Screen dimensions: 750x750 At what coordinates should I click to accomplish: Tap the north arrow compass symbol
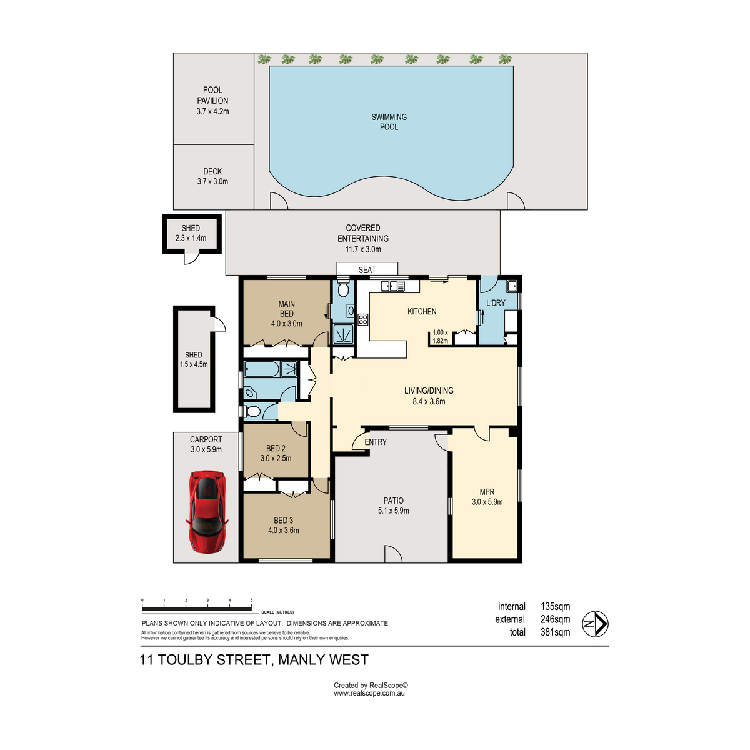click(595, 624)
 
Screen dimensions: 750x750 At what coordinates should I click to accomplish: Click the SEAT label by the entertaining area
click(367, 270)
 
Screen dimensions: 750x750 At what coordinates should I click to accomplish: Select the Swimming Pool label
click(389, 122)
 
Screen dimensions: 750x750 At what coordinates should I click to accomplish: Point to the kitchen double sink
click(393, 286)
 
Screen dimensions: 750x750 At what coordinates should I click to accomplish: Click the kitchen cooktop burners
click(362, 320)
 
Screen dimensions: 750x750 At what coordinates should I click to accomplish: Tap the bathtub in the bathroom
click(261, 369)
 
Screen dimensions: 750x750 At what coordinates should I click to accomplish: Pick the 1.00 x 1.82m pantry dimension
click(440, 337)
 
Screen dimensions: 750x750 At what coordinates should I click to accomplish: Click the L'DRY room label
click(496, 302)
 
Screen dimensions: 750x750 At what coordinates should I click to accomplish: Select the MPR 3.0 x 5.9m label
click(487, 497)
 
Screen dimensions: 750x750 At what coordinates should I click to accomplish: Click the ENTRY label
click(376, 442)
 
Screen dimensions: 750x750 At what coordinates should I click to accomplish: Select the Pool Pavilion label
click(212, 101)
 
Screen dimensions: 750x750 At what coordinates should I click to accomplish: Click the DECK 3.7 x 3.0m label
click(212, 176)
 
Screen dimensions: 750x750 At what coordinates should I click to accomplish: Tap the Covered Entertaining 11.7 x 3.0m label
click(362, 239)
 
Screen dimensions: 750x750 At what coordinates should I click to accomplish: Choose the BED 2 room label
click(276, 448)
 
